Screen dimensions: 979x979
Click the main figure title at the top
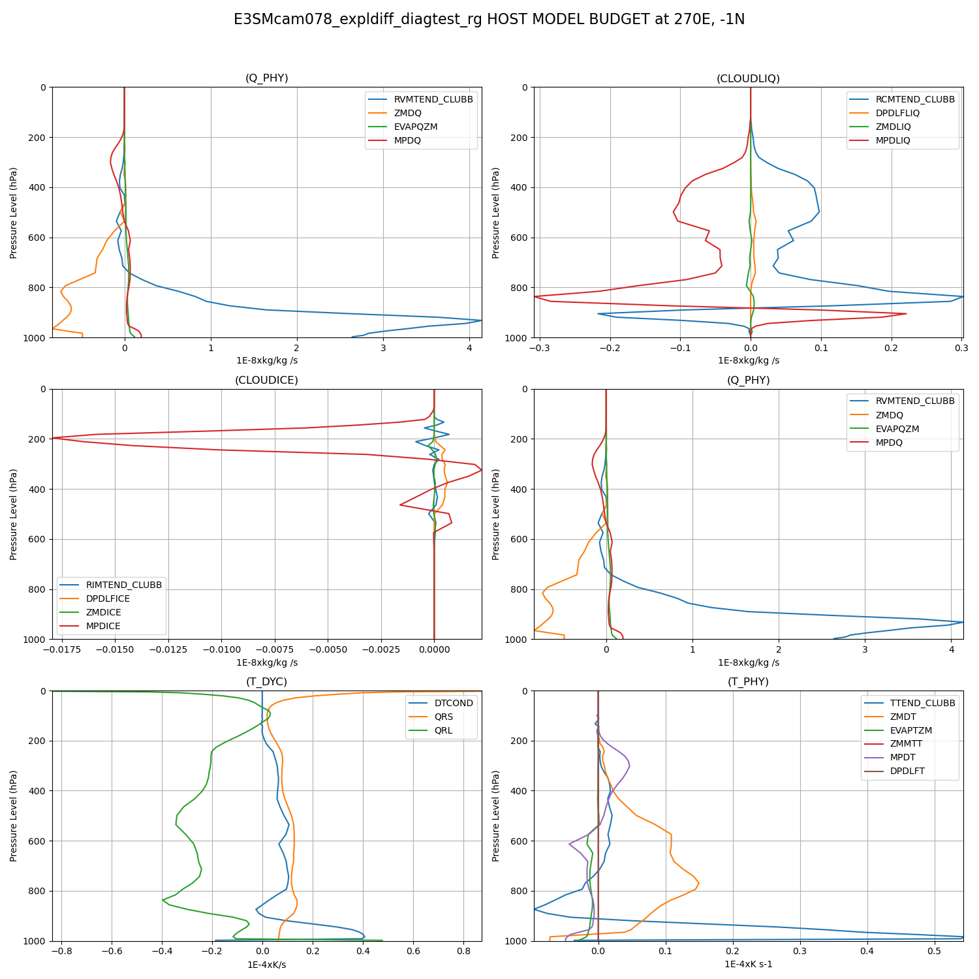[x=489, y=20]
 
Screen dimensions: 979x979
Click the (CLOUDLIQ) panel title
[x=748, y=78]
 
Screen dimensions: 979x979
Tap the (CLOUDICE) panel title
[x=266, y=380]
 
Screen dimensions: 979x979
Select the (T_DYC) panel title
[x=266, y=681]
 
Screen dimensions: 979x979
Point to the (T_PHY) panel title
[x=748, y=681]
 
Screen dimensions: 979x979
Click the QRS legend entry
[x=444, y=717]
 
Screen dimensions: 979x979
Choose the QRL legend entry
[x=443, y=730]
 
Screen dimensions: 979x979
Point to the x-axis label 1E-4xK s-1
[x=748, y=964]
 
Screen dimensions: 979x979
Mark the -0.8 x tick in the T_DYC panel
[x=61, y=951]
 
